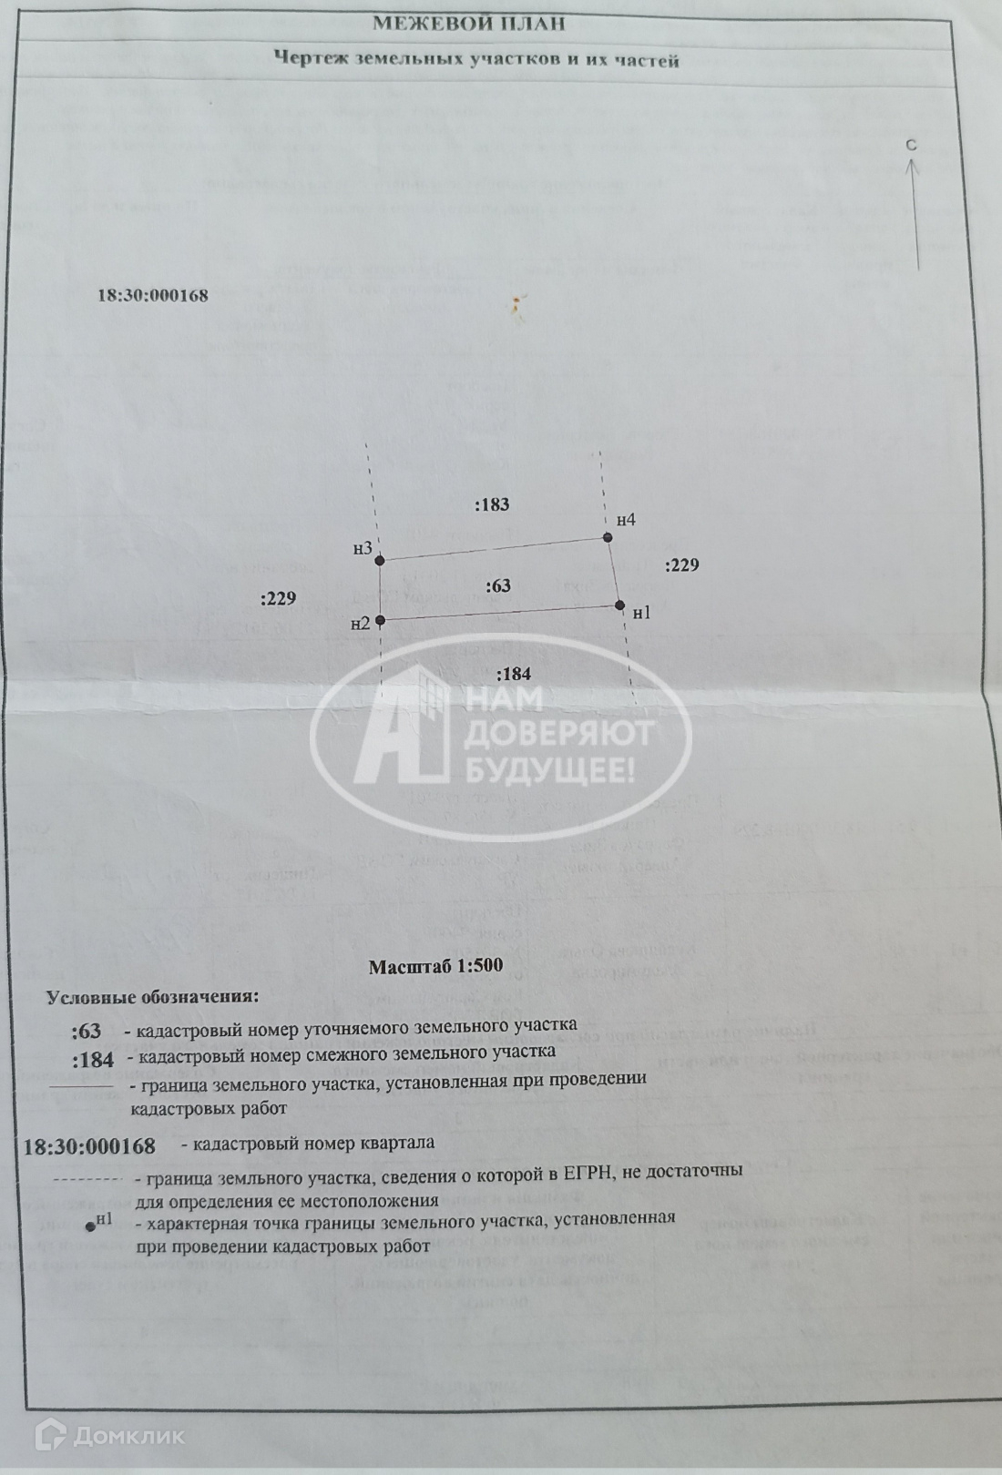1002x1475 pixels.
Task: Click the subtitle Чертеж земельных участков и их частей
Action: pyautogui.click(x=477, y=61)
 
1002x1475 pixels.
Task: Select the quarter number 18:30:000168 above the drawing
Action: pyautogui.click(x=153, y=295)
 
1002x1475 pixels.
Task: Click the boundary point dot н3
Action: pyautogui.click(x=381, y=560)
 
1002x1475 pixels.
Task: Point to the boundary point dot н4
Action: pyautogui.click(x=608, y=537)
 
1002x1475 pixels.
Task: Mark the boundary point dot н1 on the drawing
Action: pyautogui.click(x=619, y=605)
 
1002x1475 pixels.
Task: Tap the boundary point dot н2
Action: pyautogui.click(x=381, y=620)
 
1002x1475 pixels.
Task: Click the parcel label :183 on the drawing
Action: pyautogui.click(x=492, y=504)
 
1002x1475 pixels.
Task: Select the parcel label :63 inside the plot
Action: pyautogui.click(x=498, y=586)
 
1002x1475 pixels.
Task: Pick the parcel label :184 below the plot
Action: pyautogui.click(x=514, y=675)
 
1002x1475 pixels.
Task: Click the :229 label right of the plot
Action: pyautogui.click(x=682, y=565)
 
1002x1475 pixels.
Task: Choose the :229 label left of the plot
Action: pyautogui.click(x=278, y=598)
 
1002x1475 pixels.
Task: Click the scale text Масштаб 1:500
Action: pyautogui.click(x=435, y=966)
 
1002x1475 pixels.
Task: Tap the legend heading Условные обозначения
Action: pyautogui.click(x=152, y=996)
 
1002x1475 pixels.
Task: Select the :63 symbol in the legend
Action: pyautogui.click(x=87, y=1032)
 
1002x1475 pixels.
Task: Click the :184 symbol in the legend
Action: pyautogui.click(x=93, y=1060)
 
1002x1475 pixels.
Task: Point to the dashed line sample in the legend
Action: pyautogui.click(x=88, y=1180)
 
